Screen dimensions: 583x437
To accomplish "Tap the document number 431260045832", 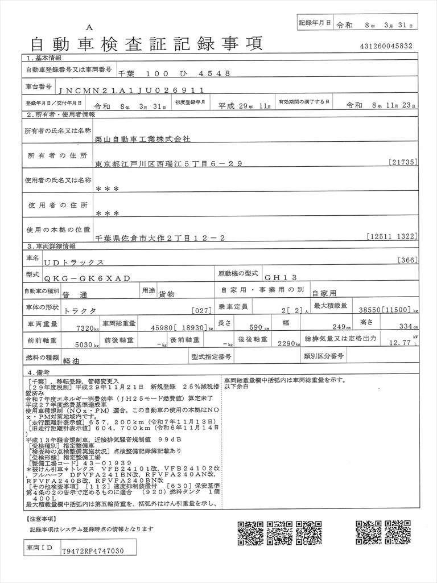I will point(386,46).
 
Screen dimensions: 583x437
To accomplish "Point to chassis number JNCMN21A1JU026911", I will point(140,89).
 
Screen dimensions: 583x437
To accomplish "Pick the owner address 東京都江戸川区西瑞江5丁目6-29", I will point(169,163).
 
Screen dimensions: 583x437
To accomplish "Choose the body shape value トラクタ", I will point(80,311).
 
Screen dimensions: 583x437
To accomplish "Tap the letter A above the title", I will point(89,27).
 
